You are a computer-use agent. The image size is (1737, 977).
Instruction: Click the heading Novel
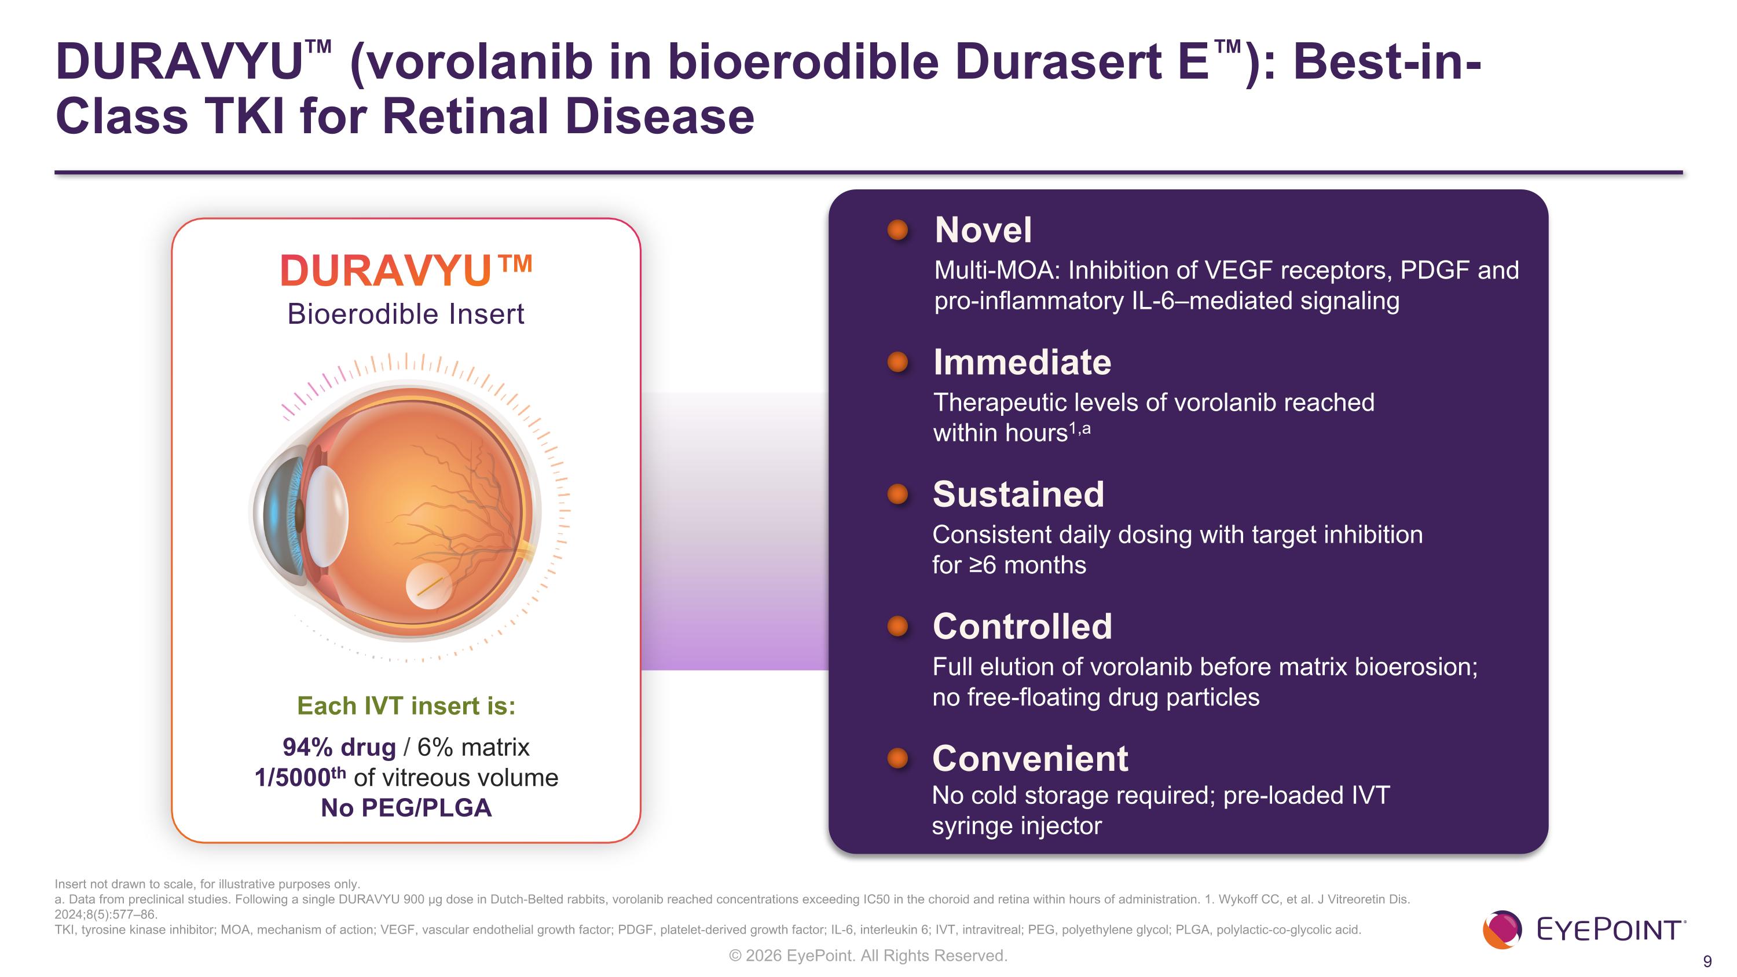tap(983, 230)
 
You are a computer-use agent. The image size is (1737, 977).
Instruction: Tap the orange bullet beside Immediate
tap(897, 363)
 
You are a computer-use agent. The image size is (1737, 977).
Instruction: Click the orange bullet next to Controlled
tap(897, 627)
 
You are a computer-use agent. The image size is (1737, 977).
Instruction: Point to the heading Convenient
tap(1029, 759)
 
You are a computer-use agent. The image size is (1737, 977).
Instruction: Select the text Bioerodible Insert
tap(405, 314)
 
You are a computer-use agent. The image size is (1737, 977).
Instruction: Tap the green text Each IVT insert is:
tap(406, 706)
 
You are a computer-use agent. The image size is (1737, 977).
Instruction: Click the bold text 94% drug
tap(339, 747)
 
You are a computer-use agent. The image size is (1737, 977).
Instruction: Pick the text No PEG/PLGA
tap(406, 808)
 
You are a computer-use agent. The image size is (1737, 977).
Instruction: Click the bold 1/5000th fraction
tap(299, 777)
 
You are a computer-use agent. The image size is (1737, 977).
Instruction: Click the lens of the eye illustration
tap(328, 516)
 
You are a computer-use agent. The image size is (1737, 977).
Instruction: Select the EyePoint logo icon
tap(1502, 930)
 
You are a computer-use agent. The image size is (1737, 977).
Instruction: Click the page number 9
tap(1707, 961)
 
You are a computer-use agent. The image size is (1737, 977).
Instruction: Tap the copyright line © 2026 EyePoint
tap(868, 956)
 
